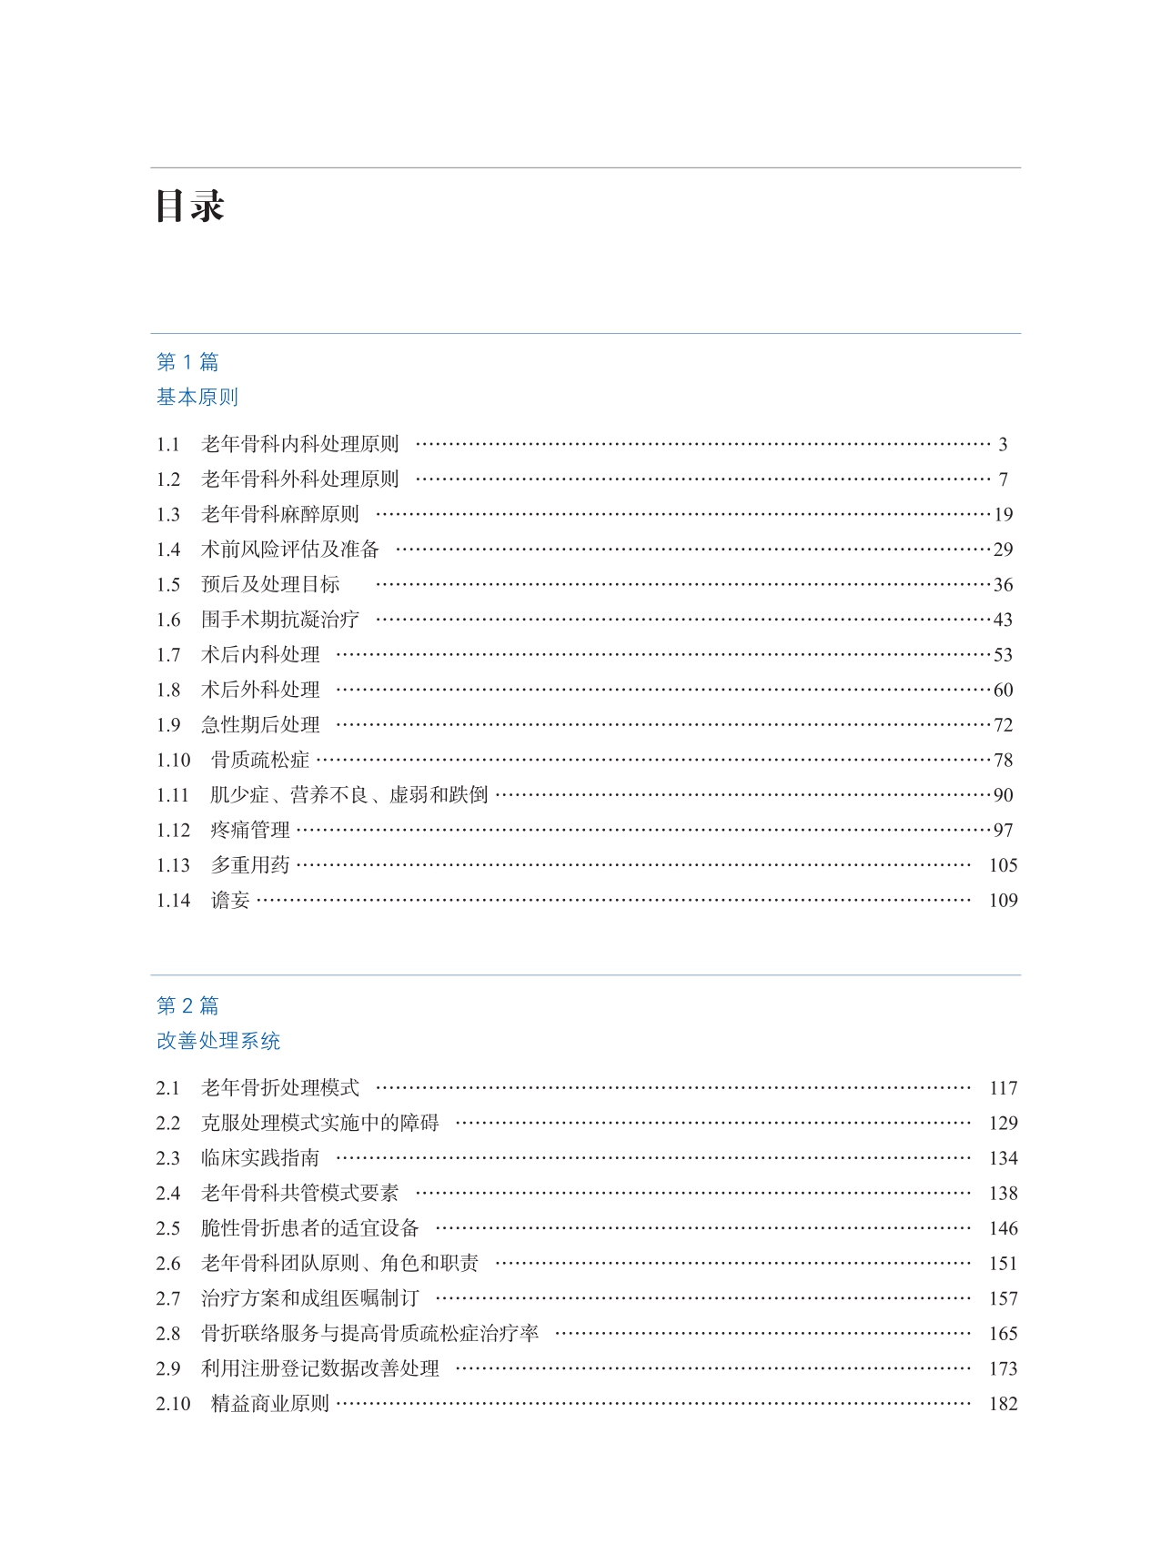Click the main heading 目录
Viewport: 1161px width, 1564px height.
(189, 207)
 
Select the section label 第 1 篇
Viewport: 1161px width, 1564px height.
(187, 362)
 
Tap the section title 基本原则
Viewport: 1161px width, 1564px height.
(197, 397)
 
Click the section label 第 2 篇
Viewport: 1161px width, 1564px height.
(187, 1005)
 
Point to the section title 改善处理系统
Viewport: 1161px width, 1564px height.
(218, 1041)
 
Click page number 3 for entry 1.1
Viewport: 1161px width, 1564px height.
(1003, 445)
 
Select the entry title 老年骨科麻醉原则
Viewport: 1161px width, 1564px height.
(280, 515)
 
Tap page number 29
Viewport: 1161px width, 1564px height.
(1003, 550)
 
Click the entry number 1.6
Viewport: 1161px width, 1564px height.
(168, 620)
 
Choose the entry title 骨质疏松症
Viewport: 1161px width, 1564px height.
(260, 760)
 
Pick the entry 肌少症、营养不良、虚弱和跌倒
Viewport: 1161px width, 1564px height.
(348, 795)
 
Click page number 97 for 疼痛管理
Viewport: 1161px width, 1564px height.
(1003, 830)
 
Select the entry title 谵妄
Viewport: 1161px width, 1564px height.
(230, 900)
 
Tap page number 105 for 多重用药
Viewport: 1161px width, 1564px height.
(1003, 865)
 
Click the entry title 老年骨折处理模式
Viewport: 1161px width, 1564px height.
(280, 1088)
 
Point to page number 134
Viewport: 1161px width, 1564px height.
(1003, 1158)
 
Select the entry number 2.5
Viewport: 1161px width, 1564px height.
(168, 1228)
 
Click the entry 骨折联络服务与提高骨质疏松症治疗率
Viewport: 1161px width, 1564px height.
(369, 1334)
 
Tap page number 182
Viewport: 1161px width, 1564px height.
(1003, 1404)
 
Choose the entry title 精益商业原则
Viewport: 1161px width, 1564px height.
(270, 1404)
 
